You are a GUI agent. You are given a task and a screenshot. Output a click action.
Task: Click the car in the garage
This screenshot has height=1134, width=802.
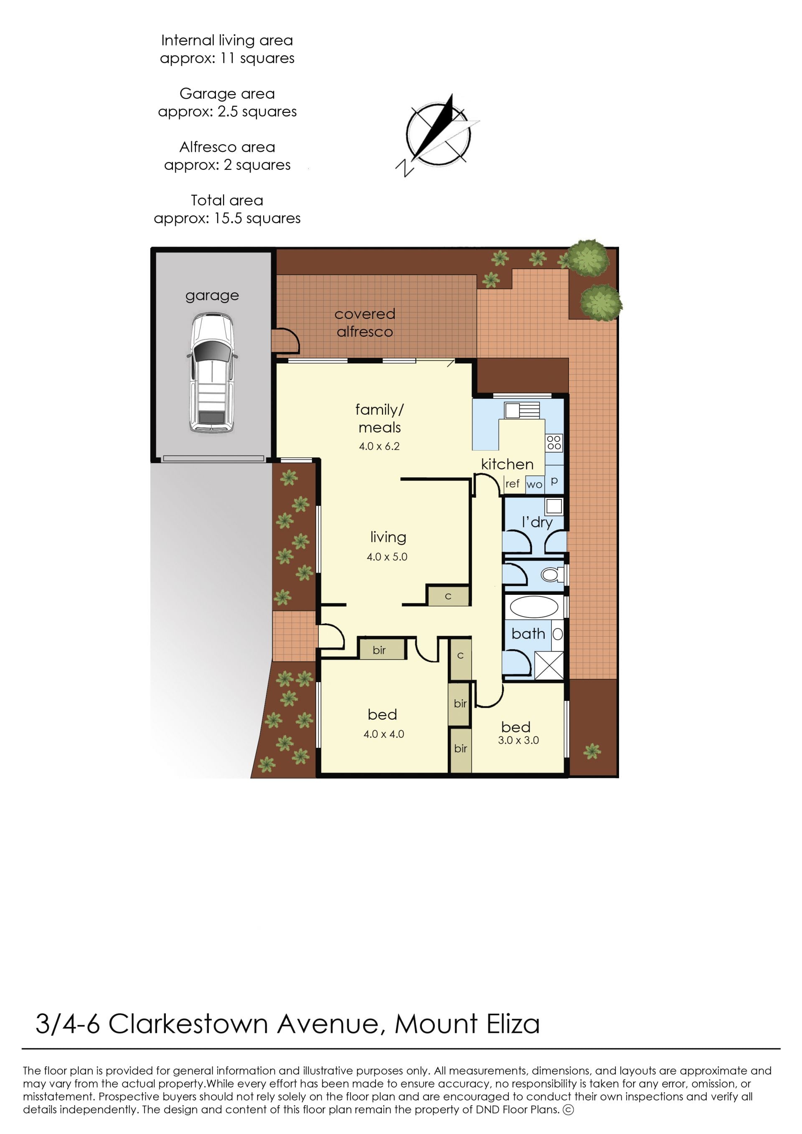212,372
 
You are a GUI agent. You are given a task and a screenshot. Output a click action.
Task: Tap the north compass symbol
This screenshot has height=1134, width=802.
437,135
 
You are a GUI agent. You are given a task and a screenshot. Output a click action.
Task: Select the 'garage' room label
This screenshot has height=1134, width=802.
212,296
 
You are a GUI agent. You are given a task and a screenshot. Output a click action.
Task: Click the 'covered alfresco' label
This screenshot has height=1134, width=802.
365,322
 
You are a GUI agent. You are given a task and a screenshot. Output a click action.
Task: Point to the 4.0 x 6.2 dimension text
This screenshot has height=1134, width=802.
379,446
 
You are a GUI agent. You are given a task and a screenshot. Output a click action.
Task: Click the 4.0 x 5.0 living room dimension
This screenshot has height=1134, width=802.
387,557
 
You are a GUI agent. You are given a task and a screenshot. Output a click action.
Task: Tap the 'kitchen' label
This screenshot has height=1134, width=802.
507,464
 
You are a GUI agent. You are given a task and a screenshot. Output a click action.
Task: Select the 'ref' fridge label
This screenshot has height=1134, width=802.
513,484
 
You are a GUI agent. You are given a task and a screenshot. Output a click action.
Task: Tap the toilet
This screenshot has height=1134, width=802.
552,575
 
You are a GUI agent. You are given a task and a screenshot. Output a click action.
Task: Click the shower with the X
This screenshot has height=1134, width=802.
548,665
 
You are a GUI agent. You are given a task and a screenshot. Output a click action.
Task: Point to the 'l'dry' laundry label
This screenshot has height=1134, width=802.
537,522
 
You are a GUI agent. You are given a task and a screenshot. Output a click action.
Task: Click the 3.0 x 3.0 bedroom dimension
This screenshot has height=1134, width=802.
518,740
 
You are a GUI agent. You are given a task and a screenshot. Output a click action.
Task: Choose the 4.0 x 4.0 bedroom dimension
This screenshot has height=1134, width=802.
384,734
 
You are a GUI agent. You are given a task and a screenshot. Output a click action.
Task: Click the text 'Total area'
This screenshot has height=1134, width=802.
227,200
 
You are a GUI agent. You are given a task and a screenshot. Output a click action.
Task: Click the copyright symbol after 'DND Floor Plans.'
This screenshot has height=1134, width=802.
569,1109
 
